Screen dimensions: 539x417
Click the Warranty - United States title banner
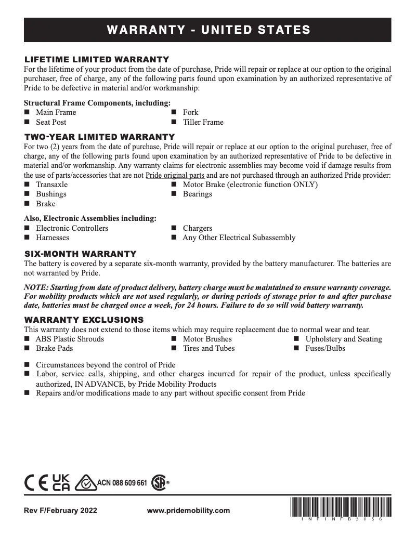pyautogui.click(x=208, y=30)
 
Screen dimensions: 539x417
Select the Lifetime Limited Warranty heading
pyautogui.click(x=97, y=59)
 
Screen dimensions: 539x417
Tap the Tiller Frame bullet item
pyautogui.click(x=203, y=122)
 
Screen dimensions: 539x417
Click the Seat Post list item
pyautogui.click(x=51, y=122)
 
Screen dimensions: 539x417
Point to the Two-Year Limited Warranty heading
pyautogui.click(x=99, y=137)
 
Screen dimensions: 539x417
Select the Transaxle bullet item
pyautogui.click(x=51, y=185)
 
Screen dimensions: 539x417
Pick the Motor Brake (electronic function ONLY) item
pyautogui.click(x=250, y=185)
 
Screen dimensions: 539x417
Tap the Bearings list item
pyautogui.click(x=197, y=194)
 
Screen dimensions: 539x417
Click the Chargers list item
pyautogui.click(x=197, y=228)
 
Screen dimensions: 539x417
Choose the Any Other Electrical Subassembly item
pyautogui.click(x=239, y=238)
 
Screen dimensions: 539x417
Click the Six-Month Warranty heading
pyautogui.click(x=81, y=254)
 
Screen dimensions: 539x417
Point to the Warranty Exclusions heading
pyautogui.click(x=84, y=319)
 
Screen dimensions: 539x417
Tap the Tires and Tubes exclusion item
pyautogui.click(x=208, y=348)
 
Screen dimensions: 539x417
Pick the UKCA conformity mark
pyautogui.click(x=61, y=482)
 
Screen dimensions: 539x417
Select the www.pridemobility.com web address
pyautogui.click(x=188, y=511)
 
